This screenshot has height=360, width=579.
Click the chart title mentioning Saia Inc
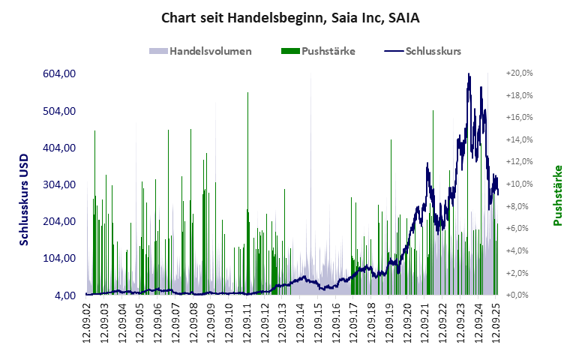pyautogui.click(x=289, y=17)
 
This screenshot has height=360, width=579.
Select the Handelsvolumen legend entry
pyautogui.click(x=210, y=52)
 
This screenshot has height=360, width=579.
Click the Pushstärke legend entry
pyautogui.click(x=328, y=52)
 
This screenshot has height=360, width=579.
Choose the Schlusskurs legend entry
pyautogui.click(x=433, y=52)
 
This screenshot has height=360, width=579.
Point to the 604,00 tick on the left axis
pyautogui.click(x=59, y=73)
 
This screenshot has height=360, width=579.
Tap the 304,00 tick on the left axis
pyautogui.click(x=59, y=184)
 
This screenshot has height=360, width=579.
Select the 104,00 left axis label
pyautogui.click(x=59, y=258)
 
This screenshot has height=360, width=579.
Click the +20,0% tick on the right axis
pyautogui.click(x=520, y=73)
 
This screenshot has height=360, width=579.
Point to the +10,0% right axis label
pyautogui.click(x=520, y=184)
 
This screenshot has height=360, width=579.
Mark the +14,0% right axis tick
pyautogui.click(x=520, y=139)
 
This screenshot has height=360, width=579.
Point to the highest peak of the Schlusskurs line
pyautogui.click(x=469, y=74)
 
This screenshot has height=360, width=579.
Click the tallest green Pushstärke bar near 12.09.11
pyautogui.click(x=247, y=93)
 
